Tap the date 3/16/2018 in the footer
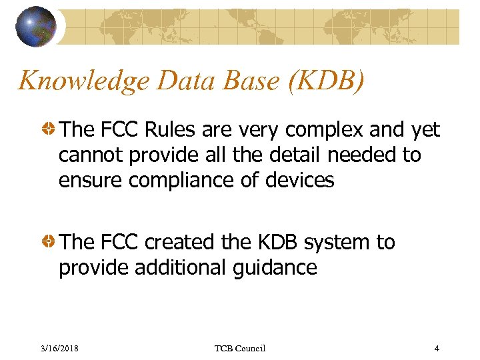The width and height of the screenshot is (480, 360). [59, 348]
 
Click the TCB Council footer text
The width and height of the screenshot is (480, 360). [240, 348]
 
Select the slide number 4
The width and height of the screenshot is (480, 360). [436, 348]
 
